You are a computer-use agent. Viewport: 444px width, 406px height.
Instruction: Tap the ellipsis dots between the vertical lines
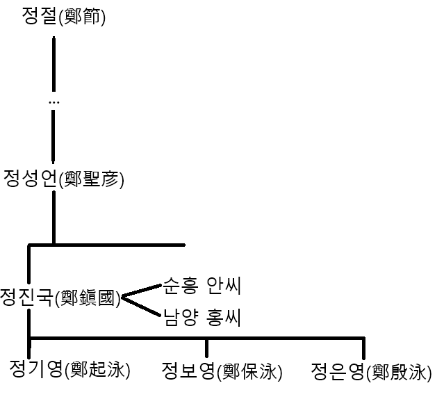pyautogui.click(x=54, y=102)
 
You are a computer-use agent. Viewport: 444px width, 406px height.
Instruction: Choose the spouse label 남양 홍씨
pyautogui.click(x=202, y=318)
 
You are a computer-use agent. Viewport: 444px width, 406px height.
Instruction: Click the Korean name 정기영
pyautogui.click(x=35, y=368)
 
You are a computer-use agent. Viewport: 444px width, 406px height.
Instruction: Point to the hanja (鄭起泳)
pyautogui.click(x=97, y=370)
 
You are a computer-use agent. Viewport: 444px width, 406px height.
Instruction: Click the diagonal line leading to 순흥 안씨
pyautogui.click(x=141, y=291)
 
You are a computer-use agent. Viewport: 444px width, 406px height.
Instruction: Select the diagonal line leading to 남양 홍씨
pyautogui.click(x=141, y=309)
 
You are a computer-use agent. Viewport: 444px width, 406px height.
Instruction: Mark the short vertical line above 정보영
pyautogui.click(x=206, y=348)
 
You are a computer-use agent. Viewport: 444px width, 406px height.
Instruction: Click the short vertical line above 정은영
pyautogui.click(x=363, y=348)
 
